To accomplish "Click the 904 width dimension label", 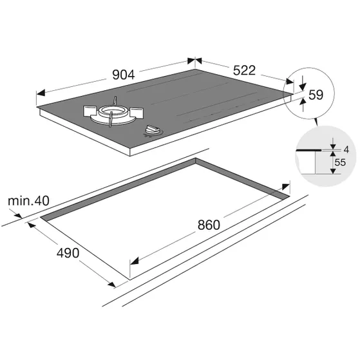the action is [x=123, y=75].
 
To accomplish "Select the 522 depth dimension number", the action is [x=244, y=70].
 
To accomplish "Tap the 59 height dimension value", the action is [x=316, y=95].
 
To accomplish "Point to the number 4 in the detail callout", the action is [x=346, y=149].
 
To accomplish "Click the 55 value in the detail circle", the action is [x=340, y=162].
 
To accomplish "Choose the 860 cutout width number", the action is [x=209, y=225].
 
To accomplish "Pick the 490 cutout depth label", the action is [x=68, y=253].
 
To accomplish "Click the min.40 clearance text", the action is [x=28, y=201].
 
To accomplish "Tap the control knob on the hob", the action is [x=152, y=130].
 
